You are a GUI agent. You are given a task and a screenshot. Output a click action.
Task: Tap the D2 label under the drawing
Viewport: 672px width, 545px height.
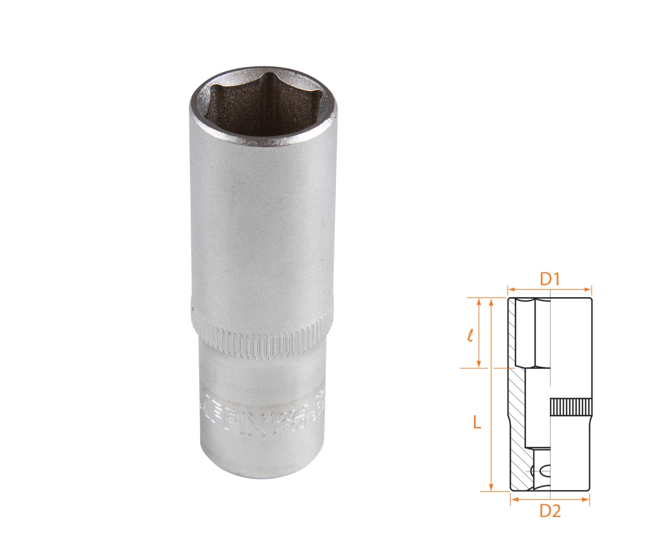(x=550, y=510)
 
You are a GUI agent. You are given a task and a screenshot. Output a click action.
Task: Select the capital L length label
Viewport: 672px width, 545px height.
(x=477, y=422)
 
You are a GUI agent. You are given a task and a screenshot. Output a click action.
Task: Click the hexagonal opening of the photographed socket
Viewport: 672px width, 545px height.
(x=261, y=108)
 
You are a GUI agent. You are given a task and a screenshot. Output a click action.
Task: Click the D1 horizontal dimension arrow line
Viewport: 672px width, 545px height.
(x=549, y=289)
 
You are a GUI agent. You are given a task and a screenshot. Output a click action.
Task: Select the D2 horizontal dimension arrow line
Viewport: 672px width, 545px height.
(x=550, y=499)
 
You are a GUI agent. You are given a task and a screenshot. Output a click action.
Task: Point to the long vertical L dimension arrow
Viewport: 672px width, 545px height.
(x=491, y=394)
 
